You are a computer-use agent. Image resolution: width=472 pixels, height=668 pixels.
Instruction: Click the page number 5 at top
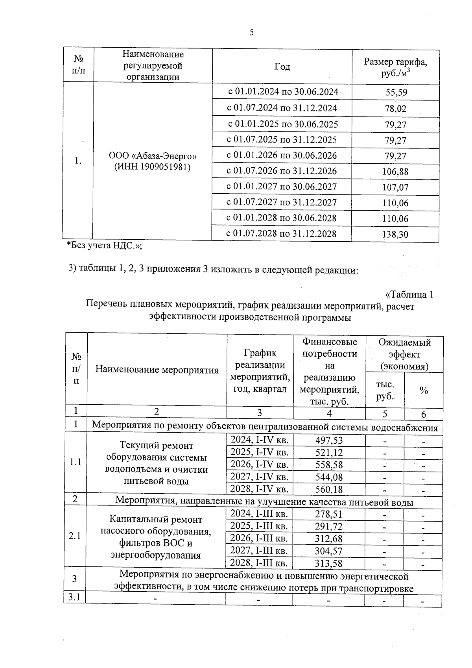point(252,32)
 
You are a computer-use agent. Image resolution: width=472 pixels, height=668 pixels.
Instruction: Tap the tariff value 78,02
point(396,109)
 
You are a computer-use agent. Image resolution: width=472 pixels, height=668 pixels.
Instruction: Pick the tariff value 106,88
point(395,172)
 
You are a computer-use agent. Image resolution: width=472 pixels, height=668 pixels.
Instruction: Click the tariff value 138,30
point(395,235)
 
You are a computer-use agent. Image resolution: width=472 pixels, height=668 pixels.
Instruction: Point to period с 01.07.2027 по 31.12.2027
point(282,202)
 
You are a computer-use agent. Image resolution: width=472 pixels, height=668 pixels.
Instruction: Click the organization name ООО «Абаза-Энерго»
point(153,156)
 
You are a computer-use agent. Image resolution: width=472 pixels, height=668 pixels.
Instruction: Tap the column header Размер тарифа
point(395,62)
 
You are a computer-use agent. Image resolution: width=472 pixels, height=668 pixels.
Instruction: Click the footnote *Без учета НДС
point(104,245)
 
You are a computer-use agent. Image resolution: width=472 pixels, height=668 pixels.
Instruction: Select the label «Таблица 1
point(409,294)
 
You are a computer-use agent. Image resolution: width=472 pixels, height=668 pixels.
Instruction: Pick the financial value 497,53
point(329,440)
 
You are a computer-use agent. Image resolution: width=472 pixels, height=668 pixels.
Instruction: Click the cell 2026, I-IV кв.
point(260,464)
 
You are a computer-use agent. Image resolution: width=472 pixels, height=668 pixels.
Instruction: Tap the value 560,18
point(329,489)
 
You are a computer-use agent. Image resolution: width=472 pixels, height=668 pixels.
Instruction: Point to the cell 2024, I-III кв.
point(259,514)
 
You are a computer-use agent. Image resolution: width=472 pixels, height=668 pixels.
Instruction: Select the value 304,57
point(328,551)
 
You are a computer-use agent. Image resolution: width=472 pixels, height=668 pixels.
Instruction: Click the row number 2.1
point(75,536)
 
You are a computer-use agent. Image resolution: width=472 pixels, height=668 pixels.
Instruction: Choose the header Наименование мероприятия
point(157,370)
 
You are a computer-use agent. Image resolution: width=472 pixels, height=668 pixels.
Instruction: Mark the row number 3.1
point(74,597)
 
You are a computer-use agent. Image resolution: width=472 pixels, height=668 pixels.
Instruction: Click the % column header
point(424,390)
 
